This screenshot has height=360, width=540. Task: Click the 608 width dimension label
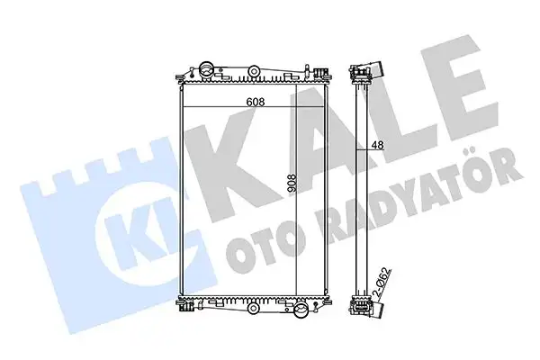tap(256, 102)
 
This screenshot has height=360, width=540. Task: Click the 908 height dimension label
tap(292, 184)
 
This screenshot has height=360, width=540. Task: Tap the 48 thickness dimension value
tap(378, 145)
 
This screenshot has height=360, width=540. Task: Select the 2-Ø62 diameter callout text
tap(383, 282)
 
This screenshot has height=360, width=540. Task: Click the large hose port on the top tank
tap(206, 69)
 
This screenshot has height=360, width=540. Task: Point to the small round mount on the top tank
tap(254, 71)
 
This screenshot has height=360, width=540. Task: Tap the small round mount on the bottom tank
tap(253, 307)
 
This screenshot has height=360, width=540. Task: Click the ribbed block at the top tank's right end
tap(319, 72)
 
